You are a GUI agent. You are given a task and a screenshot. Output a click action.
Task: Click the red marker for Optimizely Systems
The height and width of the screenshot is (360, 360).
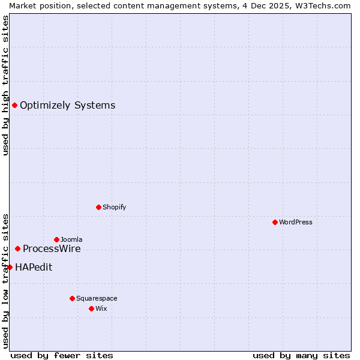click(14, 106)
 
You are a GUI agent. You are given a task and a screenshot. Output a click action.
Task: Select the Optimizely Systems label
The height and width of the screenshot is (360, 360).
click(67, 106)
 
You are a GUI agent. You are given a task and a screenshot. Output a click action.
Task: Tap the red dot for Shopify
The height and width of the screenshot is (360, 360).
click(99, 207)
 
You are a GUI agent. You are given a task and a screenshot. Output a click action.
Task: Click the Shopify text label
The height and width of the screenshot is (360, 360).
click(114, 207)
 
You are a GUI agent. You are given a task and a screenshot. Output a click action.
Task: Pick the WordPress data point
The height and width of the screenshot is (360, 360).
click(275, 222)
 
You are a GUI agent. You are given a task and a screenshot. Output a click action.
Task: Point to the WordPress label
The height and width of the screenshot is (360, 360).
click(295, 222)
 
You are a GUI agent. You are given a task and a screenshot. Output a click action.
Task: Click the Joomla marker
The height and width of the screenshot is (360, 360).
click(57, 239)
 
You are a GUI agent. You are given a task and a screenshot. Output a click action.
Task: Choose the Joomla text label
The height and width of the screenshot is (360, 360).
click(71, 239)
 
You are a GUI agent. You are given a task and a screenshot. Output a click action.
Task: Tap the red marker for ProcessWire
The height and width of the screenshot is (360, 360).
click(18, 248)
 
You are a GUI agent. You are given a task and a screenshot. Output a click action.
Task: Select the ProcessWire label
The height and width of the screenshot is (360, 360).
click(52, 249)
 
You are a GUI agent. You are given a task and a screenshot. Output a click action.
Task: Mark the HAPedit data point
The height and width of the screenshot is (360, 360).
click(10, 267)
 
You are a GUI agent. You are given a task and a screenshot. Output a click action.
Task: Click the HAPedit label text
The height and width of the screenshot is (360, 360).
click(34, 268)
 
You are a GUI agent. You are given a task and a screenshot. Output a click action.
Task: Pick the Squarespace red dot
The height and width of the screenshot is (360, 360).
click(73, 298)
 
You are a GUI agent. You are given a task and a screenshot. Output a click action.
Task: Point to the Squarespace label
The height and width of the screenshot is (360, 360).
click(97, 298)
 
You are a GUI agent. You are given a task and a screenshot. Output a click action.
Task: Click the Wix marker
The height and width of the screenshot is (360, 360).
click(92, 308)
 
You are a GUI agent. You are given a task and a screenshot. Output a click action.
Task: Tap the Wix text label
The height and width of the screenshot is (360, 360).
click(101, 308)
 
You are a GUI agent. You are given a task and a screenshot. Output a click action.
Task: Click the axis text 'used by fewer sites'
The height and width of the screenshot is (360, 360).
click(62, 355)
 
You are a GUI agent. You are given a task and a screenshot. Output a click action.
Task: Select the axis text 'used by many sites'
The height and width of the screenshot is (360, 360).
click(301, 355)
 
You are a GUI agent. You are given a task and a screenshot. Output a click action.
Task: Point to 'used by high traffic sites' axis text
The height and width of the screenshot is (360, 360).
click(5, 85)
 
